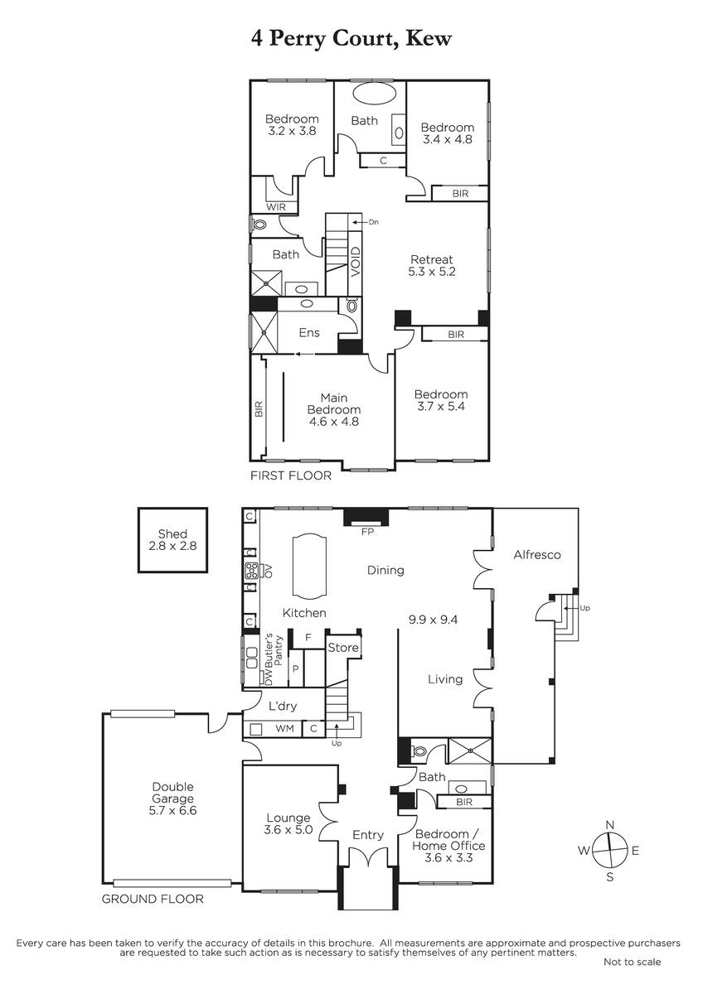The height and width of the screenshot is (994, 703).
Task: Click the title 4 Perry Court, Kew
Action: (351, 38)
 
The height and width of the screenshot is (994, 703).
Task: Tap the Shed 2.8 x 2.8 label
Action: (172, 539)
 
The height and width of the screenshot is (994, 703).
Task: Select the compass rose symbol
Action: (610, 851)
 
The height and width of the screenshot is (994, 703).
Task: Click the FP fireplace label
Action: (367, 532)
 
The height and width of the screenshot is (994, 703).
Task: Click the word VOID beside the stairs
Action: (356, 262)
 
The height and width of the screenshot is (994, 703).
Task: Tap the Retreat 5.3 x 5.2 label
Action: (432, 265)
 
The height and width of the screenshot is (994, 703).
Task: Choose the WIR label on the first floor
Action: (276, 207)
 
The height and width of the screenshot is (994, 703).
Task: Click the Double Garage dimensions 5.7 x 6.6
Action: (172, 810)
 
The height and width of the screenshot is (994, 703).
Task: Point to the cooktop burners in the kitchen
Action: (252, 570)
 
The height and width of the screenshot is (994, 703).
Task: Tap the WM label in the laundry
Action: (284, 728)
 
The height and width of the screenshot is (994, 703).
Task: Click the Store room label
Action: (343, 648)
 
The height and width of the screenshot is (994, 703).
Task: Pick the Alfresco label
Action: (537, 554)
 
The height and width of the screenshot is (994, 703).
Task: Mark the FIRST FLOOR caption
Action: (291, 475)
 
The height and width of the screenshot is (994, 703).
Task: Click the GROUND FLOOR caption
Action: (153, 899)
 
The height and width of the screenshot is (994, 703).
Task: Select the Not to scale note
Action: (632, 962)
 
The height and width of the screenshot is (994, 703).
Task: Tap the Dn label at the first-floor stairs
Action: (374, 222)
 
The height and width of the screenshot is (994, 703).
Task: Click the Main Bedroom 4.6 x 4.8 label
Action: (334, 409)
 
